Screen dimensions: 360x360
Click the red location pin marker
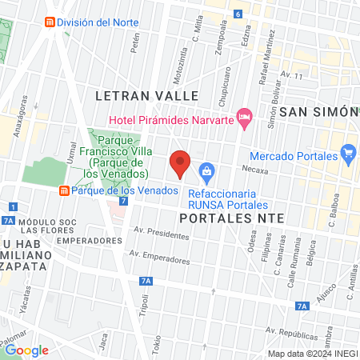[181, 162]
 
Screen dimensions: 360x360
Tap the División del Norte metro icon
[50, 22]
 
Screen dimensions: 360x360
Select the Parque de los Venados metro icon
[63, 190]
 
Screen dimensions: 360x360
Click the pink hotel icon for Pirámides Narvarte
[246, 118]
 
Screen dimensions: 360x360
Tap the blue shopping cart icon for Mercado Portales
[347, 152]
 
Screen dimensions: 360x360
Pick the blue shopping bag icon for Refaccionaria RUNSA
[207, 170]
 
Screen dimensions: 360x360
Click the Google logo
[26, 350]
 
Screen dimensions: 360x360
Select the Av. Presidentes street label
[161, 234]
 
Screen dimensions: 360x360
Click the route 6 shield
[238, 14]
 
